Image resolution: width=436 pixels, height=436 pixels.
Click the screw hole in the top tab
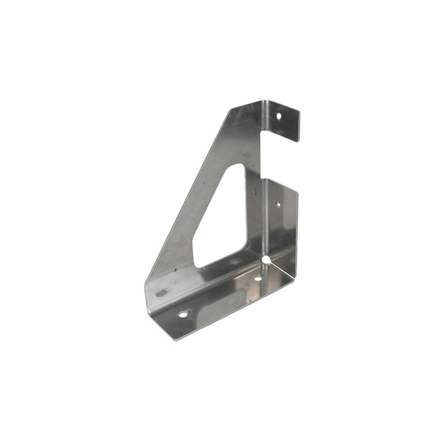279,116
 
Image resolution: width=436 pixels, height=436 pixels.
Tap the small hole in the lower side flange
277,204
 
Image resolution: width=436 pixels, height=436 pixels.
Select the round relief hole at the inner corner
266,261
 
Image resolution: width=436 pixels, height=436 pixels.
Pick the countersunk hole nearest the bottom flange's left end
183,314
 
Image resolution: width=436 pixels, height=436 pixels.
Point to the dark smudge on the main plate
161,293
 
